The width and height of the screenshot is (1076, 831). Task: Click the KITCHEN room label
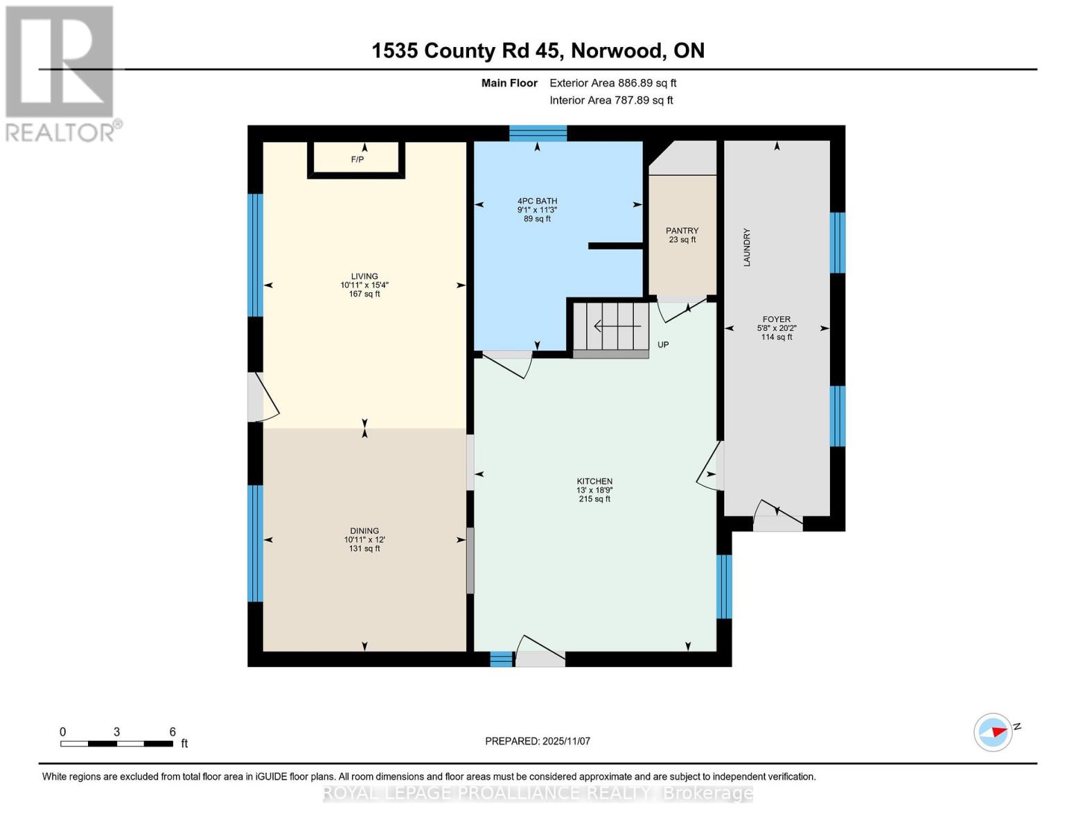(x=594, y=481)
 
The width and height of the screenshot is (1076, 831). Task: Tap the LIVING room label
(x=364, y=276)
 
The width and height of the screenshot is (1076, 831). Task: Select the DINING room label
(x=364, y=531)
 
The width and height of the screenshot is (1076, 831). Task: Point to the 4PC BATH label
(x=537, y=201)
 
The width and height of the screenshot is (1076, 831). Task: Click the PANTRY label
(x=682, y=231)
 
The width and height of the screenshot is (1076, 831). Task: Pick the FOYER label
(x=776, y=319)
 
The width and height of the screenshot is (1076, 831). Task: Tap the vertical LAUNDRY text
(x=747, y=248)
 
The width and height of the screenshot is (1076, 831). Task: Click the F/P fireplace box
(x=356, y=160)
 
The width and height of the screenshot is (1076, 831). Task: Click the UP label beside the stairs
(x=663, y=345)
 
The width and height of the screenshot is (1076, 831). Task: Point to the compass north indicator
(x=994, y=732)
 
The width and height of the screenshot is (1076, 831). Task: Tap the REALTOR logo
(x=61, y=73)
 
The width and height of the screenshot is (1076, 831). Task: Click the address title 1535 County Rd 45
(x=538, y=51)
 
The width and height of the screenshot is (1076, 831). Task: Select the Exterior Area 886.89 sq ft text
(x=612, y=83)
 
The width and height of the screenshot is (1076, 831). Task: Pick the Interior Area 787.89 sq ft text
(x=611, y=100)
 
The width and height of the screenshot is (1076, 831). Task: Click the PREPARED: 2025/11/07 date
(x=538, y=741)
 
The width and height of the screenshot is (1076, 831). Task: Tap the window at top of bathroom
(x=538, y=133)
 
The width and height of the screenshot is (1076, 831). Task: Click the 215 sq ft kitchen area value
(x=594, y=499)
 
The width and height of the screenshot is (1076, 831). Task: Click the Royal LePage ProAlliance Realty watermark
(x=538, y=794)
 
